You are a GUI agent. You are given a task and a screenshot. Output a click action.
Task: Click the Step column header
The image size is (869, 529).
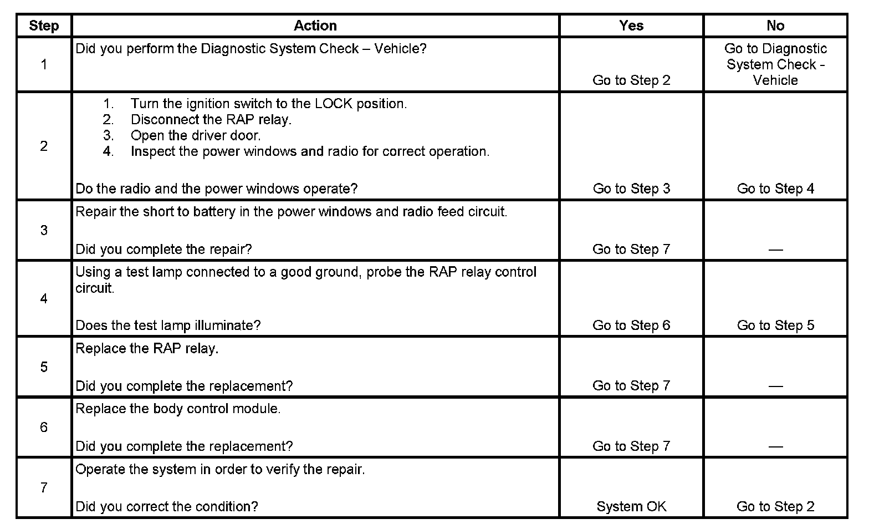click(44, 26)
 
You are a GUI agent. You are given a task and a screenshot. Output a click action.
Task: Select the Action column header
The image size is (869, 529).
click(315, 26)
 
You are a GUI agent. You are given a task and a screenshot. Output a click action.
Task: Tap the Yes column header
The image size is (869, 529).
click(631, 26)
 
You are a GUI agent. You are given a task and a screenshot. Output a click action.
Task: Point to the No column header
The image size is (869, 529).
click(775, 26)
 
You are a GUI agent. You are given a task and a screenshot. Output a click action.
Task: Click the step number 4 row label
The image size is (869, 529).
click(44, 298)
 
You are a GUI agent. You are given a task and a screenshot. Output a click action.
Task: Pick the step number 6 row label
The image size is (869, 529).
click(44, 427)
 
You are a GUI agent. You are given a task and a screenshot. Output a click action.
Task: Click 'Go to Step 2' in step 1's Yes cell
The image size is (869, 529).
click(631, 80)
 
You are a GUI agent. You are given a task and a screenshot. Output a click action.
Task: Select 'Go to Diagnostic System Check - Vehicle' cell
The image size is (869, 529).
click(775, 64)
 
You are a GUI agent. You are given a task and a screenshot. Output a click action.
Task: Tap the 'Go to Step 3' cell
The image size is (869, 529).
click(631, 189)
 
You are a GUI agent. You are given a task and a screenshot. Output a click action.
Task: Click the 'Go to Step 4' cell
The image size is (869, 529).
click(775, 189)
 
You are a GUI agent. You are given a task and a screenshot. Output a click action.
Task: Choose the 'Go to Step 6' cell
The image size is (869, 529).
click(631, 325)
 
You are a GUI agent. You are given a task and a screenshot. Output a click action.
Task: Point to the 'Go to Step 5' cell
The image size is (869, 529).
click(775, 325)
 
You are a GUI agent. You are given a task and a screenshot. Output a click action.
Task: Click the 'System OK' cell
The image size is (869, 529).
click(631, 506)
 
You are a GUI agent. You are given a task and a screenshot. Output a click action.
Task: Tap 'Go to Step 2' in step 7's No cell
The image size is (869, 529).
click(775, 506)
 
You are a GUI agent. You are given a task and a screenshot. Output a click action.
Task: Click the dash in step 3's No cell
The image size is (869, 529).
click(775, 250)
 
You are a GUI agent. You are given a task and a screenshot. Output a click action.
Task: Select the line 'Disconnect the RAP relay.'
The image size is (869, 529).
click(211, 119)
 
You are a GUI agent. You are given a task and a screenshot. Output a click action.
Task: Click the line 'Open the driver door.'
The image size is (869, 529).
click(195, 135)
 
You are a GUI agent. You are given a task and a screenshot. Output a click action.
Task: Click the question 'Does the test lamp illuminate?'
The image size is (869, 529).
click(168, 325)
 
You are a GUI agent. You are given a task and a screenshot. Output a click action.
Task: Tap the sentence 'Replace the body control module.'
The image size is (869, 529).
click(178, 409)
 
